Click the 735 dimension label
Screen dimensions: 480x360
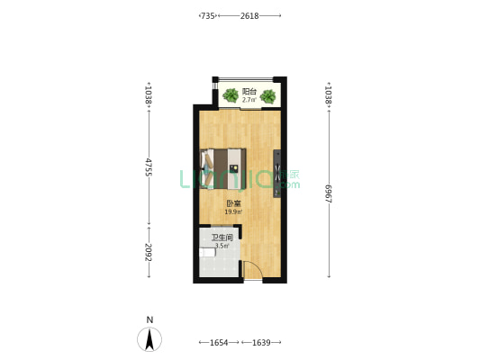click(208, 15)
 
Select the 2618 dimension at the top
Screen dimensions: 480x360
click(249, 15)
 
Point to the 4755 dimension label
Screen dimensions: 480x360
click(149, 167)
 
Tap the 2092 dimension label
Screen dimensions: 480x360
click(149, 252)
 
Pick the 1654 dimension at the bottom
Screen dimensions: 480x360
click(219, 343)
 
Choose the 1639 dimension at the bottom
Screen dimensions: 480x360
click(261, 343)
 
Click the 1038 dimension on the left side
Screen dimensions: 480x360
click(149, 94)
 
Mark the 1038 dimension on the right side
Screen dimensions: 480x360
click(329, 94)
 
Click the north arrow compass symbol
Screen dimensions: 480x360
click(149, 339)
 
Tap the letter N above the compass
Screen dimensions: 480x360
click(149, 319)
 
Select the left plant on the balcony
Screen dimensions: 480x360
click(231, 95)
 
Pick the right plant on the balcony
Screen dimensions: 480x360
click(268, 96)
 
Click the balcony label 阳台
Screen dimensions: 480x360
click(249, 92)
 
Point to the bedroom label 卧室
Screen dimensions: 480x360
click(233, 203)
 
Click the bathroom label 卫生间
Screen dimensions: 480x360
click(222, 238)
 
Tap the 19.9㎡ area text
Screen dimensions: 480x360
click(234, 211)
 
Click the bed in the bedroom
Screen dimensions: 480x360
click(223, 168)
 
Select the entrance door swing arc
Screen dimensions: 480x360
click(257, 267)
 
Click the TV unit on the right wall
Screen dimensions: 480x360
click(277, 174)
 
